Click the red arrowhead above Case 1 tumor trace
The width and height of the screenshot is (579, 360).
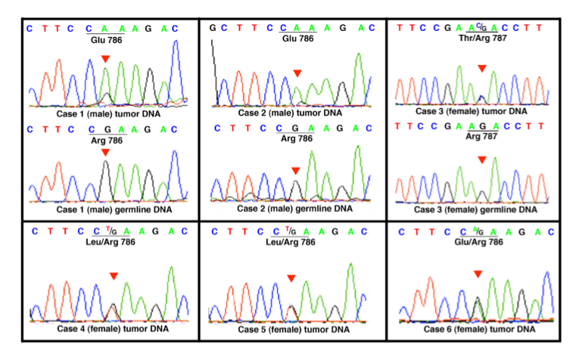pos(106,58)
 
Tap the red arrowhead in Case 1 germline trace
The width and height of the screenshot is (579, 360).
pos(106,153)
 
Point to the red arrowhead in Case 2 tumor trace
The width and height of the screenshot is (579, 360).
pos(297,73)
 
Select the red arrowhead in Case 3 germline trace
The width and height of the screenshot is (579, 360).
pos(481,160)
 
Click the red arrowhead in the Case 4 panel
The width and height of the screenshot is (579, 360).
pos(113,276)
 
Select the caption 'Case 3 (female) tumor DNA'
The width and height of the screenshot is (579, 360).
pos(481,111)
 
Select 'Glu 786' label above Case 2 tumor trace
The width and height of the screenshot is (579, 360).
pos(297,38)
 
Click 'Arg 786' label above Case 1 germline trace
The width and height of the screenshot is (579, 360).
pos(105,139)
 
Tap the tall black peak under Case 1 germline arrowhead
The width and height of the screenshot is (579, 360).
pos(106,182)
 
